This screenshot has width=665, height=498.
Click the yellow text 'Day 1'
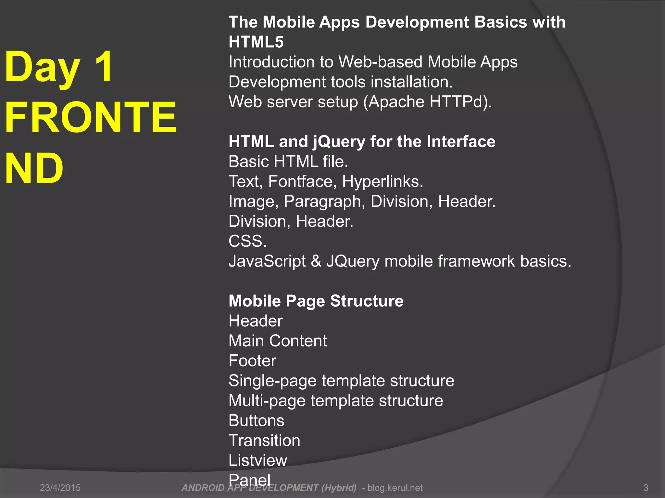pos(58,67)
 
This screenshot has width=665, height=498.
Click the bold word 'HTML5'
pos(256,42)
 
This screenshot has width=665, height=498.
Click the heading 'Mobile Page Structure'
pos(316,301)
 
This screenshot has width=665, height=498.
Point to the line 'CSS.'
pos(247,241)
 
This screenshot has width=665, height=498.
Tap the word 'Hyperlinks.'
pos(383,182)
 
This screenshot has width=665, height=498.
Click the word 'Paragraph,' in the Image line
pos(322,201)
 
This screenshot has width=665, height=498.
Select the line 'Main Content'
pos(278,341)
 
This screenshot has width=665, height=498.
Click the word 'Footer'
pos(252,361)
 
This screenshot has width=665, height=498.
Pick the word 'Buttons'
pos(256,421)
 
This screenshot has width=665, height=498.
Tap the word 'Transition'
pos(264,441)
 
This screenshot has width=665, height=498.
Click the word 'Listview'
pos(258,460)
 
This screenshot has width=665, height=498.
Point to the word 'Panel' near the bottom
pos(249,480)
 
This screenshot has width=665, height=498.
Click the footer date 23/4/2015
pos(60,488)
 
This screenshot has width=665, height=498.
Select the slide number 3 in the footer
pos(646,488)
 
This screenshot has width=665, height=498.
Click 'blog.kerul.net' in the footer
pos(395,488)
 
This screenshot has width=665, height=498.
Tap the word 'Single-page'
pos(272,381)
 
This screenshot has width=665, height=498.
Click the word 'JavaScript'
pos(267,261)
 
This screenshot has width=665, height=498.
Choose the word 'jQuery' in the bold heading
pos(339,142)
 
